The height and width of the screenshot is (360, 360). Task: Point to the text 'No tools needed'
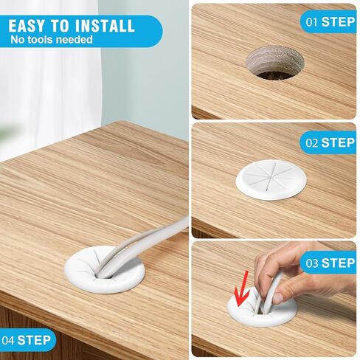point(52,39)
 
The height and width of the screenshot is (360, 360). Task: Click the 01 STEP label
point(330,21)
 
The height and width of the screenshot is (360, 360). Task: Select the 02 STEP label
point(330,142)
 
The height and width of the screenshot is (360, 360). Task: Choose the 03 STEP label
point(330,263)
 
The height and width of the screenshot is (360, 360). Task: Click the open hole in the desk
point(274,62)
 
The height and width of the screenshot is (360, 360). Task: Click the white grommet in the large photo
point(107,271)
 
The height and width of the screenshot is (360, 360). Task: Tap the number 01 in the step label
point(311,21)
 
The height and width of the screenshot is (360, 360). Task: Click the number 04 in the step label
point(9,340)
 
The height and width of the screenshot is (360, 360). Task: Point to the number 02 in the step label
point(311,142)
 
